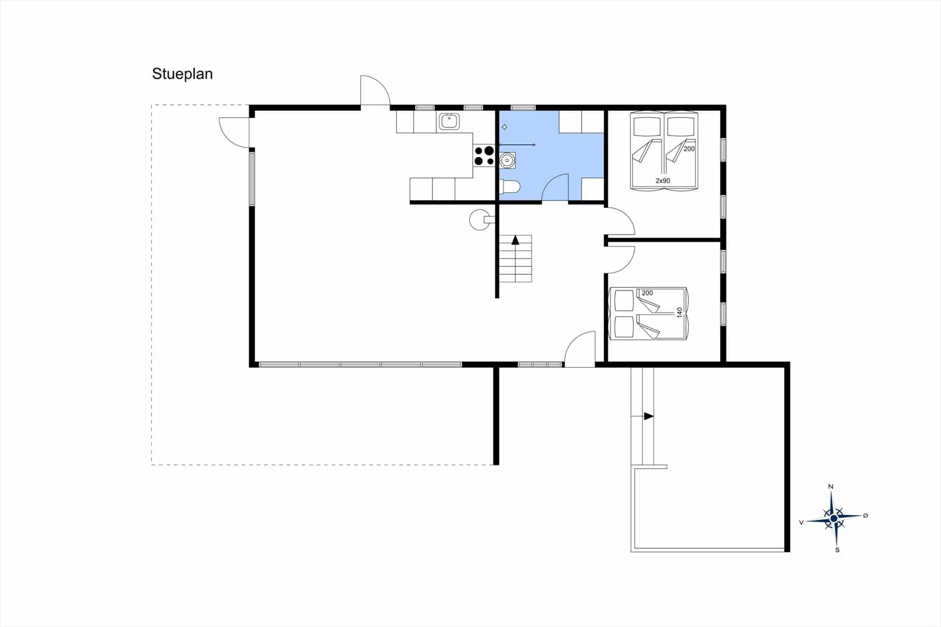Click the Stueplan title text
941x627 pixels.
182,74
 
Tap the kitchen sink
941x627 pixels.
449,121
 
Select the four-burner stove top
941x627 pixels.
484,156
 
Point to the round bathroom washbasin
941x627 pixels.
507,160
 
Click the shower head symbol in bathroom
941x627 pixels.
504,127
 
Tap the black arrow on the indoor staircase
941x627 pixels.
515,240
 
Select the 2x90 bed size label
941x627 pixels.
663,180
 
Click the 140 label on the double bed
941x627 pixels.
679,312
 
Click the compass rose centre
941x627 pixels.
834,518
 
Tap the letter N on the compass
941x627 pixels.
830,487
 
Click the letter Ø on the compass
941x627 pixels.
866,515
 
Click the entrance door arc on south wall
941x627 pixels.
580,349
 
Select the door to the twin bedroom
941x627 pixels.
620,222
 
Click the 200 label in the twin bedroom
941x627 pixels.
689,149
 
